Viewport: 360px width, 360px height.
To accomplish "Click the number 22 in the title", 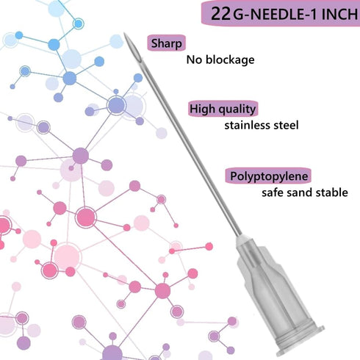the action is click(220, 14).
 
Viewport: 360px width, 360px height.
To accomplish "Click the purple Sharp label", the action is click(166, 43).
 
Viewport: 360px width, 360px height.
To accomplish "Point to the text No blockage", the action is click(220, 60).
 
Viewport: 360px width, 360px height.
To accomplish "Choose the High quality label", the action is click(223, 109).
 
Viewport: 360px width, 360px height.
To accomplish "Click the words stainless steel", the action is click(262, 126).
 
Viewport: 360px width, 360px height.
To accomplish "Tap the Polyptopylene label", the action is click(268, 176).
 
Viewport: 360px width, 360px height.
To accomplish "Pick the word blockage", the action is click(230, 60).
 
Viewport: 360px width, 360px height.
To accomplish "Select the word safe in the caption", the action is click(273, 192).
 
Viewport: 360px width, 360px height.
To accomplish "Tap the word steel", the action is click(286, 126).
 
